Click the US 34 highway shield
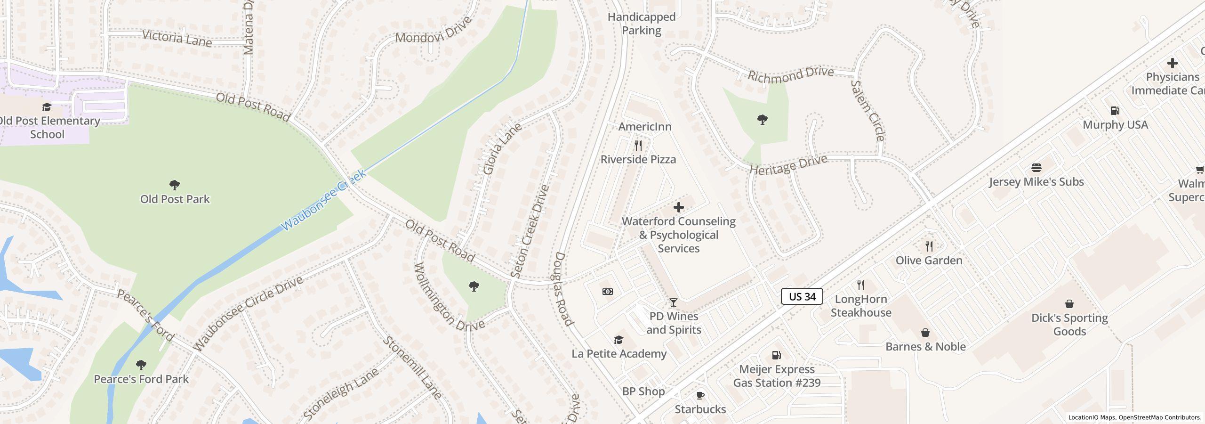[x=802, y=296]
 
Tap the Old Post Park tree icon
[x=175, y=185]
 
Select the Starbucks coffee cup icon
[x=700, y=395]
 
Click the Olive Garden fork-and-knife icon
[x=929, y=246]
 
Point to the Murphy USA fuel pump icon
[x=1115, y=111]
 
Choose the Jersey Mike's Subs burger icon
[x=1036, y=168]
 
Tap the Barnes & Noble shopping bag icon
[x=925, y=333]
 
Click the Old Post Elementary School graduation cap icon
[x=47, y=107]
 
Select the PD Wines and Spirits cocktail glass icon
[x=674, y=302]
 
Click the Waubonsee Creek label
[x=324, y=200]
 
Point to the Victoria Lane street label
[x=177, y=38]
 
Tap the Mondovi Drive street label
[x=433, y=31]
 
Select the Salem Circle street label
[x=868, y=111]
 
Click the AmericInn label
[x=644, y=127]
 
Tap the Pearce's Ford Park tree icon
[x=141, y=365]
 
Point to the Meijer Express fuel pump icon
[x=776, y=355]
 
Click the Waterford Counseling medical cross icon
[x=678, y=207]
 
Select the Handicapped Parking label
[x=641, y=24]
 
